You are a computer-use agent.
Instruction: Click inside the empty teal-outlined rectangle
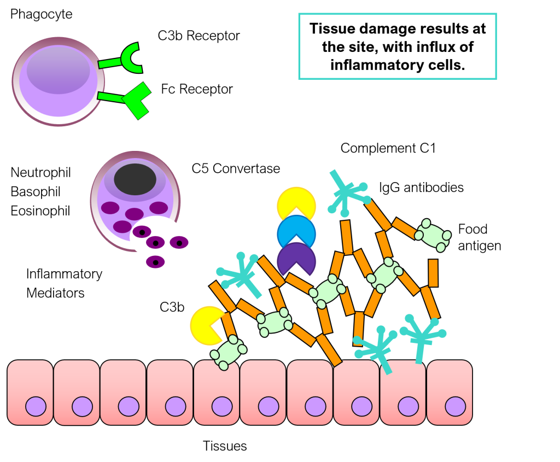398,46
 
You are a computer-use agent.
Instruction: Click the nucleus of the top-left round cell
59,70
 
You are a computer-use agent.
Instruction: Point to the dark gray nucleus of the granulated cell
135,179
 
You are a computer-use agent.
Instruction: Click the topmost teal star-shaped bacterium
346,192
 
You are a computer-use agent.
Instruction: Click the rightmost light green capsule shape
433,235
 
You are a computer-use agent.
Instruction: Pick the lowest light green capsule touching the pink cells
229,353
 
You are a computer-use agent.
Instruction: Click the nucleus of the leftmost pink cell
36,406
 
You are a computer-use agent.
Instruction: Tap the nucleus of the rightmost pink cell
455,406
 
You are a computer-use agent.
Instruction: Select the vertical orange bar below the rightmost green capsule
433,273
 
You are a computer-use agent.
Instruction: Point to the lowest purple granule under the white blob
155,262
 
